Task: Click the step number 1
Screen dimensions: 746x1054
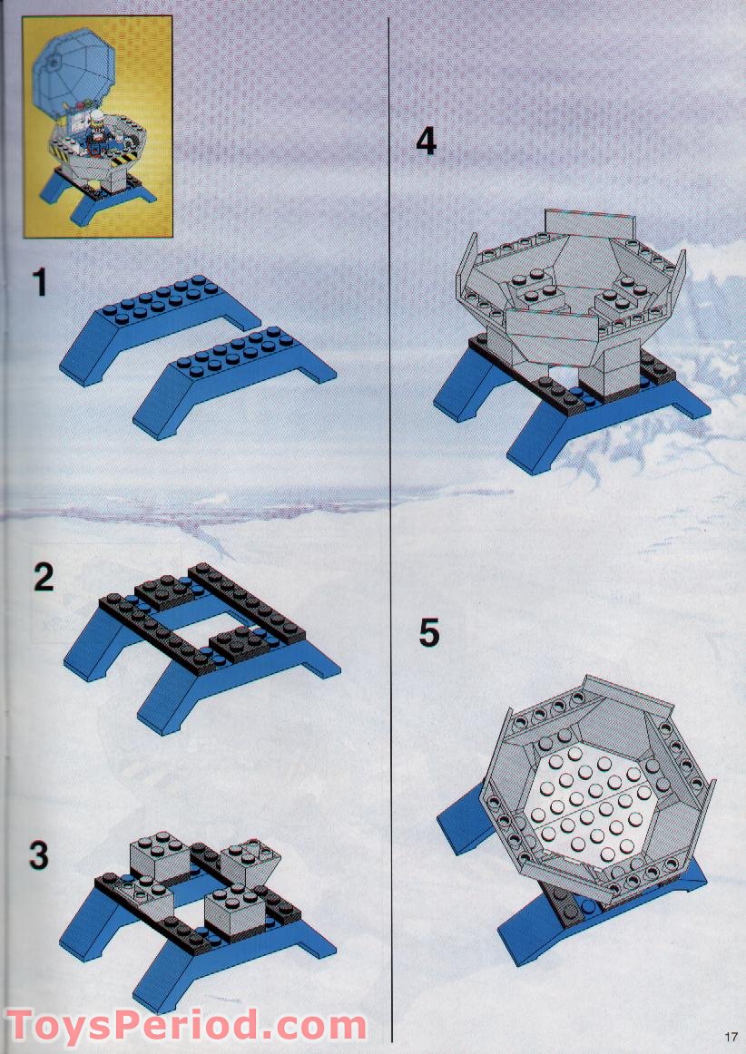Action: tap(41, 283)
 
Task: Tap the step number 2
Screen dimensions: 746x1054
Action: tap(44, 578)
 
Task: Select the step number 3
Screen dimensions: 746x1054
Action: tap(39, 855)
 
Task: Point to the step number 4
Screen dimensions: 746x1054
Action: tap(426, 142)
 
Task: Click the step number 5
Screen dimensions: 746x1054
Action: tap(428, 632)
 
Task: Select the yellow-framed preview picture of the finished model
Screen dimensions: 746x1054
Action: tap(97, 126)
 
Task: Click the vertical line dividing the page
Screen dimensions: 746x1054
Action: tap(390, 530)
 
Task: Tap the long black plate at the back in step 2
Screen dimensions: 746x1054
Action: tap(246, 602)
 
